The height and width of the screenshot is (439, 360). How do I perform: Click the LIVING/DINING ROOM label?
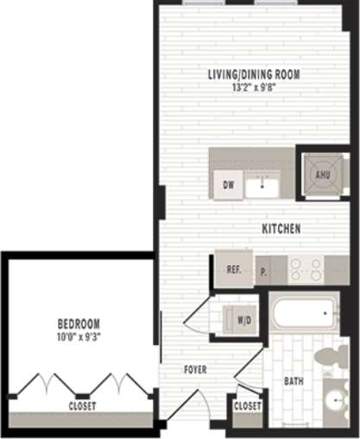(x=253, y=74)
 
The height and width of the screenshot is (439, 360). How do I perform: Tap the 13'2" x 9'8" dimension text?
(x=253, y=87)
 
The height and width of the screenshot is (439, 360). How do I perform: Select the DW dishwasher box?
(x=229, y=185)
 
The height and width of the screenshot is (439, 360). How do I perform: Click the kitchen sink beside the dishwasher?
(x=258, y=185)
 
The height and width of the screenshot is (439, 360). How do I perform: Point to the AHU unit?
(x=322, y=173)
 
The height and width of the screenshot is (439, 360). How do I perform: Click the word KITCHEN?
(x=281, y=229)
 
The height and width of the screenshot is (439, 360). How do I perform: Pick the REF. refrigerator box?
(x=233, y=269)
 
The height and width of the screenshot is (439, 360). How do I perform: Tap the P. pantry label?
(x=263, y=271)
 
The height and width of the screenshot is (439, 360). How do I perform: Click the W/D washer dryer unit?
(x=243, y=320)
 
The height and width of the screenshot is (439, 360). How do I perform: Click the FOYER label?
(x=195, y=369)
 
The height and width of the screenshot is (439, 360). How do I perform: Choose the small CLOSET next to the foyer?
(x=247, y=405)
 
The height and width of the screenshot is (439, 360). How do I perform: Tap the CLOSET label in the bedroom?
(x=83, y=405)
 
